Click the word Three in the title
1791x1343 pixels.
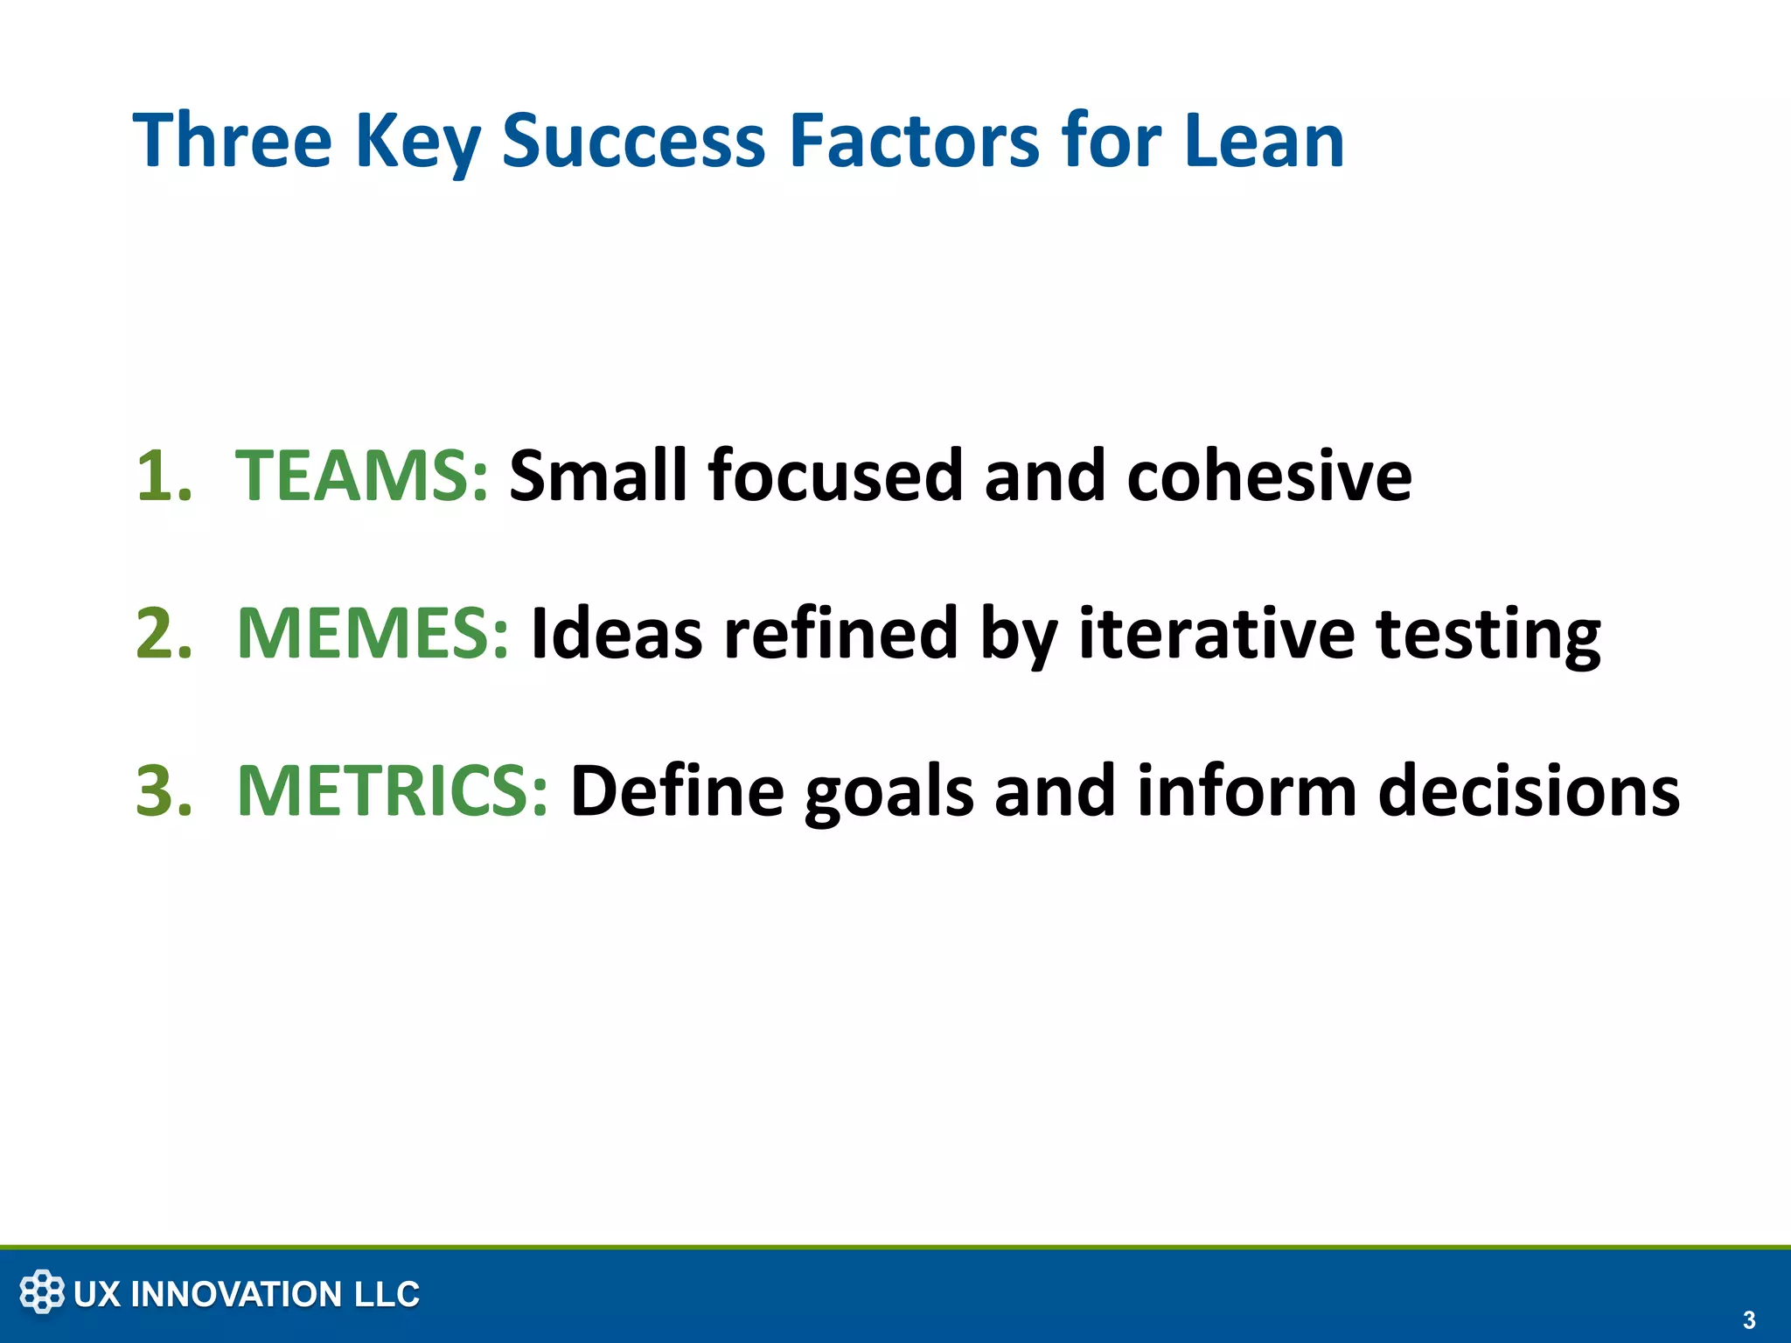coord(233,140)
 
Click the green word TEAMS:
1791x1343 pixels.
coord(361,476)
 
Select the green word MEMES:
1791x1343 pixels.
coord(373,633)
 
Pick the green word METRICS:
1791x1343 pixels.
coord(393,790)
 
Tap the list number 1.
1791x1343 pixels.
coord(164,476)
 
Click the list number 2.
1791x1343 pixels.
coord(164,633)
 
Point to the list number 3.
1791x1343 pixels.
coord(164,790)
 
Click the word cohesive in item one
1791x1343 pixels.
coord(1269,476)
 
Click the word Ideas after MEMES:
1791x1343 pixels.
coord(617,633)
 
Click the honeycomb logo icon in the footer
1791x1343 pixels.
coord(42,1292)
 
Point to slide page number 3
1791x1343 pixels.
coord(1748,1320)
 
